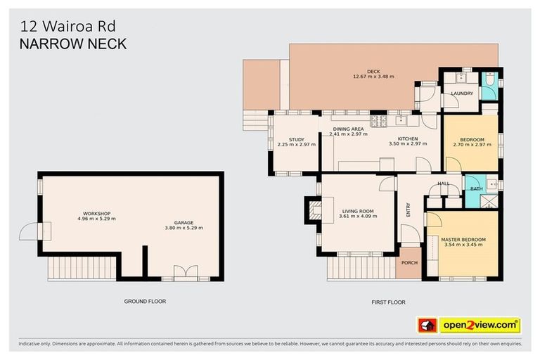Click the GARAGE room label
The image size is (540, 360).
coord(184,224)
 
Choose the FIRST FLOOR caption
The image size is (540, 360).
coord(388,302)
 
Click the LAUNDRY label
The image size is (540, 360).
coord(461,94)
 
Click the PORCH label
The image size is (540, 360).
coord(409,263)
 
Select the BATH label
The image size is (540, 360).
coord(476,188)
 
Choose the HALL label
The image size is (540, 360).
coord(444,184)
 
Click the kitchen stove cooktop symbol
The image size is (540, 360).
coord(378,121)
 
